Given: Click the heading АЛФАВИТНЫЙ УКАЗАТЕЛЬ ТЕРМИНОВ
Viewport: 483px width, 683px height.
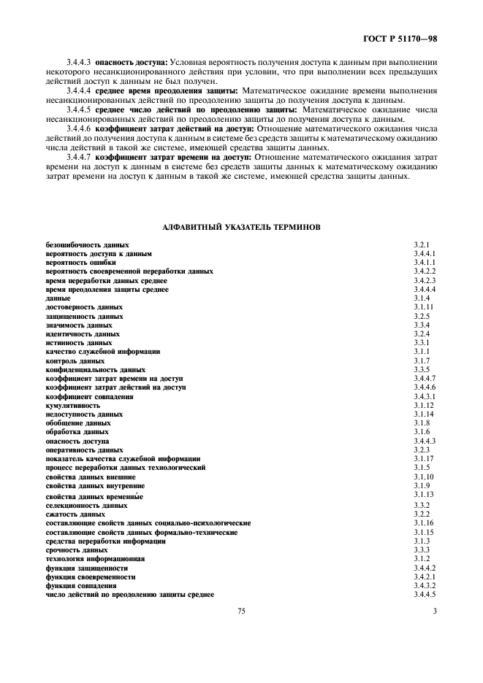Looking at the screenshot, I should [x=240, y=227].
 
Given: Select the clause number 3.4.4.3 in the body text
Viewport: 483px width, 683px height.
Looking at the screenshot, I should [x=78, y=63].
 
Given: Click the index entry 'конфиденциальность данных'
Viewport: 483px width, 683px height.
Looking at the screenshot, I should [x=95, y=370].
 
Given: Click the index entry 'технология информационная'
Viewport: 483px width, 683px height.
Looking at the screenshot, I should [x=95, y=558].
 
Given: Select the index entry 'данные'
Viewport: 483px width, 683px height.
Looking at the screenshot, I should [x=58, y=298].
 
